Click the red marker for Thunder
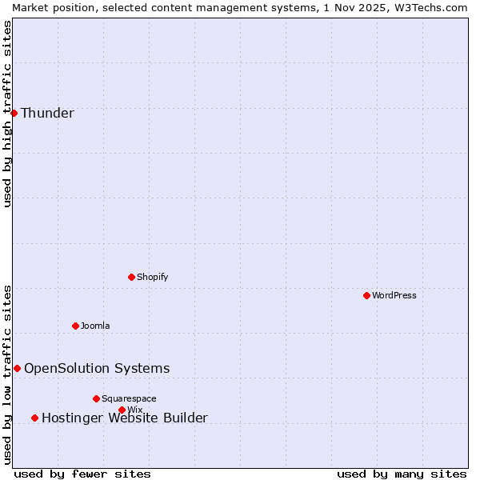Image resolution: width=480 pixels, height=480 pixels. tap(14, 113)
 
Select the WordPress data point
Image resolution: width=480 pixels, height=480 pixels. tap(366, 295)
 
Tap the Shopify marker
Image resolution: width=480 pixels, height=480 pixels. tap(131, 277)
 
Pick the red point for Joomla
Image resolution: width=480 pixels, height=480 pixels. tap(75, 326)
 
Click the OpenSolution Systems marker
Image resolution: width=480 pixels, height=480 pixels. tap(17, 368)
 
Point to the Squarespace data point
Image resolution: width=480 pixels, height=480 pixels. tap(96, 398)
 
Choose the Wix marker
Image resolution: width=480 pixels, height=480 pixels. tap(122, 410)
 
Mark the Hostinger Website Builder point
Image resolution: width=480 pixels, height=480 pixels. tap(34, 418)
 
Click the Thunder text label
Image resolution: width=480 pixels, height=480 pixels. tap(47, 113)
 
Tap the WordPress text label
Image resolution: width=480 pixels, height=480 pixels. tap(394, 295)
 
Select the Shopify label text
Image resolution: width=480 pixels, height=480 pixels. tap(152, 277)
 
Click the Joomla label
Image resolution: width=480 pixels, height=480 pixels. tap(95, 326)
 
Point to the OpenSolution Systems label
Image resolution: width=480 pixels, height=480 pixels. tap(97, 368)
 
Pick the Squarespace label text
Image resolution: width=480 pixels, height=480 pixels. tap(129, 398)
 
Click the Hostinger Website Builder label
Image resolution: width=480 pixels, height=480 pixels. tap(124, 418)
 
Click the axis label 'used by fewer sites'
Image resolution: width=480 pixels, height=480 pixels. tap(82, 474)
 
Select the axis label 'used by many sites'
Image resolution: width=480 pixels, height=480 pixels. tap(401, 474)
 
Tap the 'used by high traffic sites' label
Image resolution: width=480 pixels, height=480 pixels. tap(7, 114)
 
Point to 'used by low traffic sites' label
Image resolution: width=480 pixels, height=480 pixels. tap(7, 374)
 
